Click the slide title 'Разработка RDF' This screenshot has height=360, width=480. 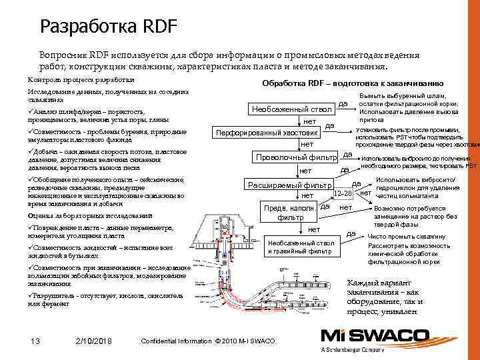[x=108, y=27]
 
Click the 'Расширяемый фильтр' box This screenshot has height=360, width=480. [x=289, y=185]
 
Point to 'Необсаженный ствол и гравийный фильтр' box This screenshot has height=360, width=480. [x=300, y=247]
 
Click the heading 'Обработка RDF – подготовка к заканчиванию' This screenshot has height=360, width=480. [x=353, y=83]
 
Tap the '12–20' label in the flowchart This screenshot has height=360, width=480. [x=342, y=193]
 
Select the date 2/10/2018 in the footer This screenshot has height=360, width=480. [x=94, y=341]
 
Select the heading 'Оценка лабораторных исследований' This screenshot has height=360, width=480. [x=89, y=217]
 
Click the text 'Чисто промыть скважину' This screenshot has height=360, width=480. [x=406, y=237]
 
